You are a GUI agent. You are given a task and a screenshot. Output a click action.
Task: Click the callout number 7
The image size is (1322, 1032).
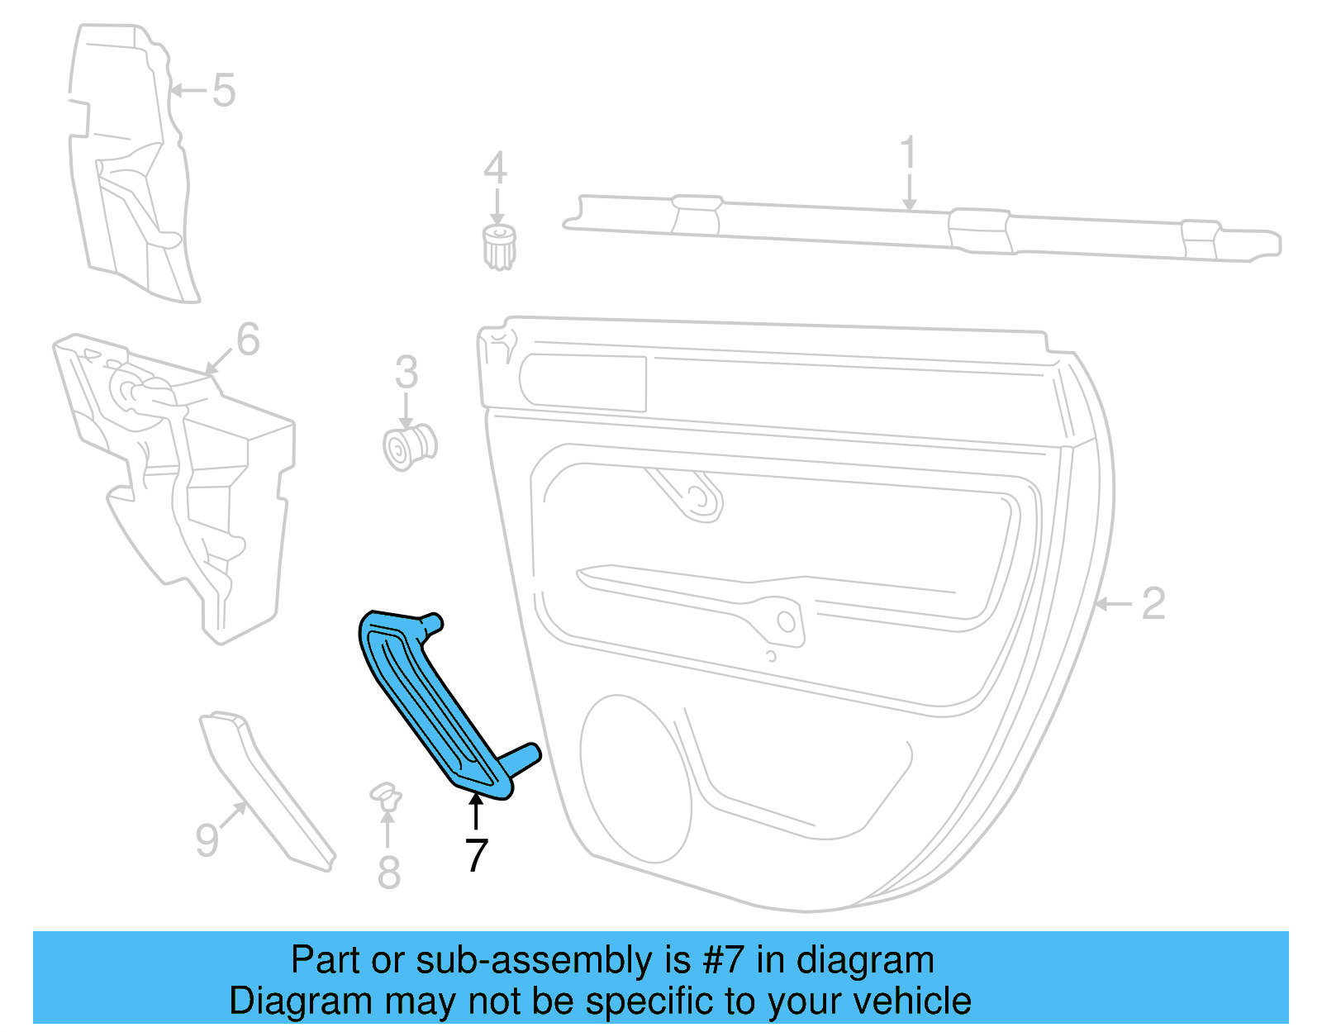click(x=476, y=855)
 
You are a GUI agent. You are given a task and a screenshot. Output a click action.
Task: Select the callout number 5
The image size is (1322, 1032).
click(x=223, y=90)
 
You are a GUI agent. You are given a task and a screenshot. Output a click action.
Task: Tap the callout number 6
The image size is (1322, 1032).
click(x=248, y=340)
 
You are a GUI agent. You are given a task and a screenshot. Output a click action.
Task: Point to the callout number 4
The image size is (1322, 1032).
click(x=495, y=169)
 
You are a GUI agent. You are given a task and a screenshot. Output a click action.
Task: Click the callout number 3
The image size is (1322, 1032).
click(x=406, y=373)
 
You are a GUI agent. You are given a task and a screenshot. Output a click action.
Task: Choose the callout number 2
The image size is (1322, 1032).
click(x=1153, y=604)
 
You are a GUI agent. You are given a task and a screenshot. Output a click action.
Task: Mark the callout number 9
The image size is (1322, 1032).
click(x=207, y=839)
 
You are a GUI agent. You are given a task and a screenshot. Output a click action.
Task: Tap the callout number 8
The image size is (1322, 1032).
click(x=388, y=873)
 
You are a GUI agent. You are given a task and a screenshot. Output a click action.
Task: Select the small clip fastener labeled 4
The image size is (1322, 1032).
click(x=498, y=246)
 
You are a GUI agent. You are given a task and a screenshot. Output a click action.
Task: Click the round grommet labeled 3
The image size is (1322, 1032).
click(x=409, y=447)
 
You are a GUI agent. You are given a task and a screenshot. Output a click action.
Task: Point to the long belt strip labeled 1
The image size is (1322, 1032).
click(x=909, y=228)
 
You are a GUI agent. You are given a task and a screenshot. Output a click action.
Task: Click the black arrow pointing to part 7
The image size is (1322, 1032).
click(x=476, y=810)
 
